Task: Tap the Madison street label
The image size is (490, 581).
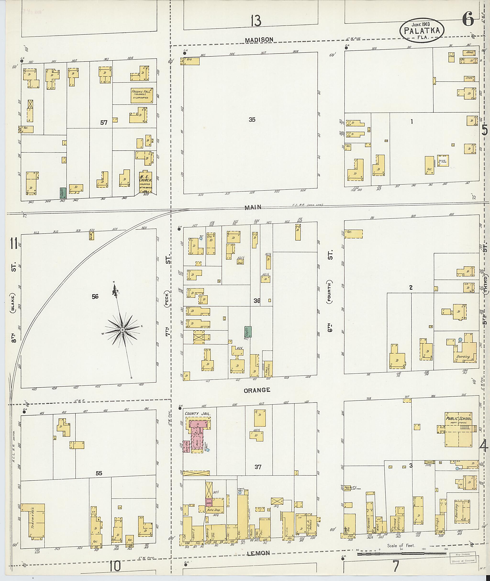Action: tap(259, 40)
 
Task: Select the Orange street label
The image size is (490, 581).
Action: tap(257, 390)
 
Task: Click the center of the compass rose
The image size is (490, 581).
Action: tap(122, 330)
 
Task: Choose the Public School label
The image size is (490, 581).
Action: tap(459, 419)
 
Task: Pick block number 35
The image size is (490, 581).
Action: tap(252, 120)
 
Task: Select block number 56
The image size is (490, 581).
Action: tap(95, 297)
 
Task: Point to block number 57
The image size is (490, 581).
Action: tap(104, 122)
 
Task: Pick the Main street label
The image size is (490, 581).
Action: tap(253, 207)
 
